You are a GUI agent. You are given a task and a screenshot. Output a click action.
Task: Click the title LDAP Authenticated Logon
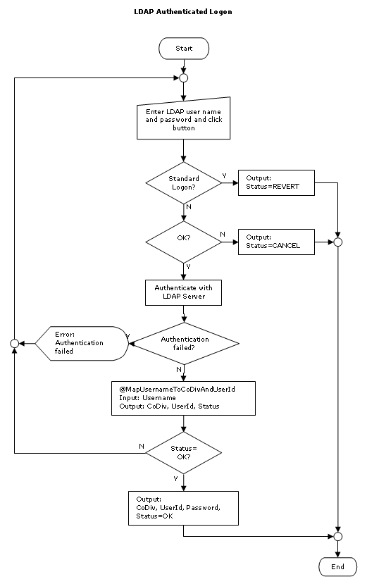tap(183, 12)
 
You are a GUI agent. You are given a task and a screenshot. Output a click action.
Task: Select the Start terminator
tap(184, 48)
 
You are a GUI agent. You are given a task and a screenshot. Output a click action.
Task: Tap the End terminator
tap(337, 566)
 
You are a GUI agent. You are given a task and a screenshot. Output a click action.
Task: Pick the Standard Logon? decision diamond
tap(184, 183)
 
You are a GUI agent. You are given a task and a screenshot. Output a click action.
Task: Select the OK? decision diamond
tap(184, 242)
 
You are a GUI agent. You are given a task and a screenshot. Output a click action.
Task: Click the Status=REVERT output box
tap(276, 183)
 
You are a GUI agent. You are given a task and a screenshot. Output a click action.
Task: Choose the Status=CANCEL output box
tap(276, 242)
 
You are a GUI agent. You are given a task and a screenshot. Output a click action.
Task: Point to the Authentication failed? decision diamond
tap(185, 343)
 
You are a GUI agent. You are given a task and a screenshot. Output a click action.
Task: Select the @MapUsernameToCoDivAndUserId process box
tap(184, 398)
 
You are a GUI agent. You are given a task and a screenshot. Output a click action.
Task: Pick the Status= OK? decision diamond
tap(184, 453)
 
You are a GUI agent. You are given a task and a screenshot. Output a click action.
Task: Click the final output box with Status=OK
tap(184, 507)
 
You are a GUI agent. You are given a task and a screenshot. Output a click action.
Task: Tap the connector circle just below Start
tap(184, 77)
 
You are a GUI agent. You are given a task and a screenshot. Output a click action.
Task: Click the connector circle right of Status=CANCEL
tap(337, 242)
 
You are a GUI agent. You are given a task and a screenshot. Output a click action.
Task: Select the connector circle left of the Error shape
tap(13, 343)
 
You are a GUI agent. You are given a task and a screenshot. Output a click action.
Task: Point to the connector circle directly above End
tap(337, 537)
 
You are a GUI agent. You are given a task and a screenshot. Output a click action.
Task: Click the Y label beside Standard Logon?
tap(225, 175)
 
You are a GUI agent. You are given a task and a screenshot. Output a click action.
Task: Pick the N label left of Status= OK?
tap(142, 446)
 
